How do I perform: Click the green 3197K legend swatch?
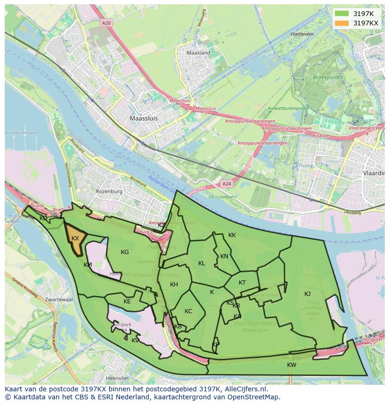[342, 14]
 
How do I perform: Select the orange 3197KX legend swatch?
[342, 23]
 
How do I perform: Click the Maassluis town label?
[144, 119]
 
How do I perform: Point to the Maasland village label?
[198, 53]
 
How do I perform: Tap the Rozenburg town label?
[109, 191]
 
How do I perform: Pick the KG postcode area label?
[124, 252]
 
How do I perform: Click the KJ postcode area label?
[307, 294]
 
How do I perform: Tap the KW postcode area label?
[292, 365]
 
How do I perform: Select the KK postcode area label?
[232, 235]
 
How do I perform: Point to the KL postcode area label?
[202, 263]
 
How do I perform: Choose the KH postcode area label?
[174, 285]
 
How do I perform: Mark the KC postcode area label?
[188, 311]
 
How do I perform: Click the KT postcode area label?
[242, 283]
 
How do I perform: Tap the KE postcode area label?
[127, 302]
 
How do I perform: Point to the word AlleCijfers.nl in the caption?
[245, 389]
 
